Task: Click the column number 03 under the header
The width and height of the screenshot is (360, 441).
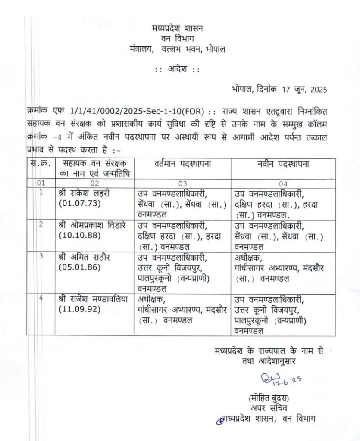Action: click(182, 183)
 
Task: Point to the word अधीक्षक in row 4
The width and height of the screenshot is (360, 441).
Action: click(151, 299)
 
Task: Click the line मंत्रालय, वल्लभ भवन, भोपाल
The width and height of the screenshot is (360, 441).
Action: click(177, 49)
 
